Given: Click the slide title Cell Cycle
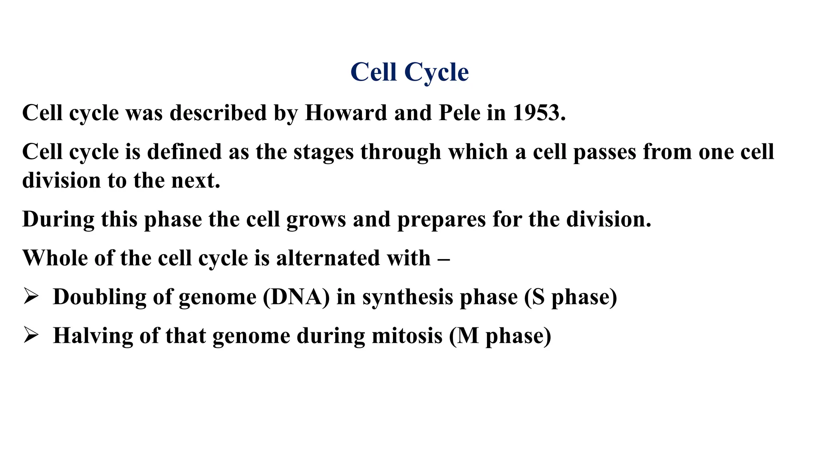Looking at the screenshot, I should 409,72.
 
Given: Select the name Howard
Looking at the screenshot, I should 346,113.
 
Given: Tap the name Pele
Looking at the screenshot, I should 459,113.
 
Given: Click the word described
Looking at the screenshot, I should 218,113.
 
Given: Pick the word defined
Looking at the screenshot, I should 184,152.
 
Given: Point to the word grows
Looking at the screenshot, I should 316,220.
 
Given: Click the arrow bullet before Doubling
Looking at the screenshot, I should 31,297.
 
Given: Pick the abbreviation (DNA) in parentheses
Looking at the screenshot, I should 296,297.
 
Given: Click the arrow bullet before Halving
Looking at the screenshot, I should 31,335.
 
